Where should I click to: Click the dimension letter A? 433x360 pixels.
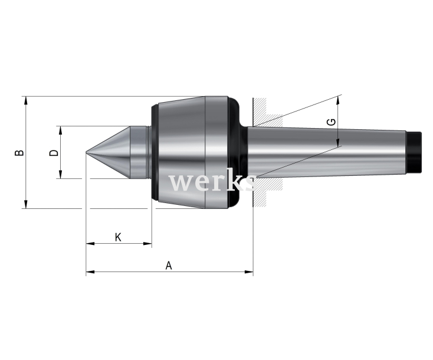point(169,266)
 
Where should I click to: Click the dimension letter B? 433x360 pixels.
point(19,152)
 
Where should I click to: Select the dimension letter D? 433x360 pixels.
point(54,153)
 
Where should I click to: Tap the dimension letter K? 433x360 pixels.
point(118,237)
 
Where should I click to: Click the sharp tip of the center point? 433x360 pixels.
point(86,152)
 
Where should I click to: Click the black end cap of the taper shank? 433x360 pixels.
point(415,152)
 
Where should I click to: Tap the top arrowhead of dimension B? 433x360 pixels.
point(26,100)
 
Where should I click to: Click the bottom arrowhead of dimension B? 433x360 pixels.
point(26,204)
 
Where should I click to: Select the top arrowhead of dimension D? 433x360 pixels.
point(61,130)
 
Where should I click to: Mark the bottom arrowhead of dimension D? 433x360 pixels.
point(61,175)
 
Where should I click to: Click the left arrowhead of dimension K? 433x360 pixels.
point(90,244)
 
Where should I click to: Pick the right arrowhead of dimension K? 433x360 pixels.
point(147,244)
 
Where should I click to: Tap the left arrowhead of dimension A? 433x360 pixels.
point(90,272)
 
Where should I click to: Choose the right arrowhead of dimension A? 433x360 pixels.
point(249,272)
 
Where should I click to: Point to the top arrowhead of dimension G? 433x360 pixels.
point(338,100)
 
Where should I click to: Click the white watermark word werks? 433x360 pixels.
point(213,182)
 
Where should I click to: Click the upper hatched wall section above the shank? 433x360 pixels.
point(267,112)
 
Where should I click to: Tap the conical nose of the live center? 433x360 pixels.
point(108,152)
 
